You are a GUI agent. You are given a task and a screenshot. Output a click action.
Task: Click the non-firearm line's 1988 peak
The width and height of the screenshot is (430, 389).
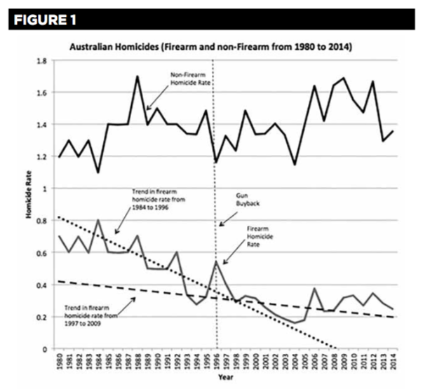coord(137,76)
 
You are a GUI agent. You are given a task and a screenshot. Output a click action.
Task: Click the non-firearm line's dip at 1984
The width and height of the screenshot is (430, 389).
coord(98,172)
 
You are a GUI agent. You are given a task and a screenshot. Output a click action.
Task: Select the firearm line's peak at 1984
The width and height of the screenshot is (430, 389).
coord(98,220)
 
